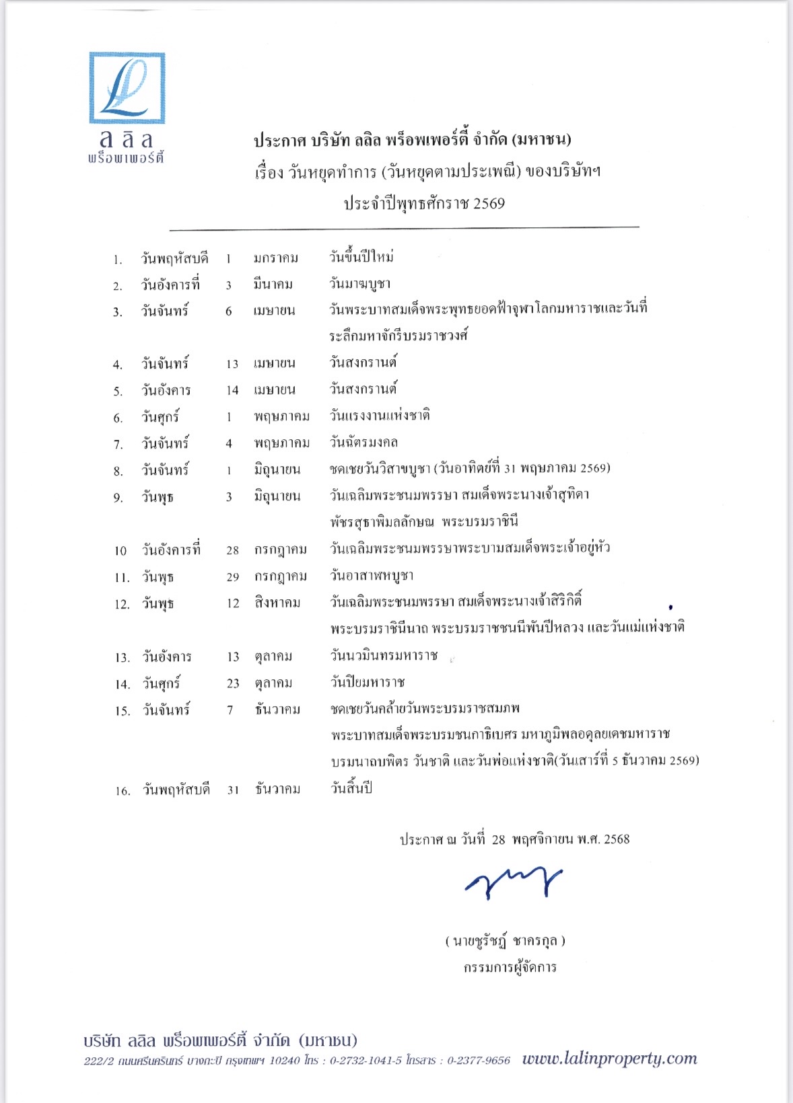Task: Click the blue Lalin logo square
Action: pyautogui.click(x=127, y=88)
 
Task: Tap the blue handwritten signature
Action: pyautogui.click(x=514, y=881)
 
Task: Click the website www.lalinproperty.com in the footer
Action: pyautogui.click(x=609, y=1059)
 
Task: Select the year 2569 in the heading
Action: pyautogui.click(x=489, y=203)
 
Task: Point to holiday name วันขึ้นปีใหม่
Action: pyautogui.click(x=361, y=257)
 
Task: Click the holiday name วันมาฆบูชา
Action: pyautogui.click(x=360, y=284)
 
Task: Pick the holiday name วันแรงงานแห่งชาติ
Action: pyautogui.click(x=380, y=416)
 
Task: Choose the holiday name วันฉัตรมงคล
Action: pyautogui.click(x=364, y=443)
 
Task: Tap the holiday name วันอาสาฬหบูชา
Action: pyautogui.click(x=372, y=576)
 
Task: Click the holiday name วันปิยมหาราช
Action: pyautogui.click(x=368, y=683)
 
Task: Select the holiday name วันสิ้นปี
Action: pyautogui.click(x=351, y=789)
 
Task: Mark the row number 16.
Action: pyautogui.click(x=123, y=791)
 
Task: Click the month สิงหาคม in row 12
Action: pyautogui.click(x=277, y=603)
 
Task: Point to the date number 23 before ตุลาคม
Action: pyautogui.click(x=233, y=683)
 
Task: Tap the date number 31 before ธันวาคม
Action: pyautogui.click(x=233, y=790)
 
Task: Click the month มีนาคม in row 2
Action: pyautogui.click(x=273, y=284)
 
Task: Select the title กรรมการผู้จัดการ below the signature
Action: pyautogui.click(x=510, y=967)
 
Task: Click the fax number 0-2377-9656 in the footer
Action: pyautogui.click(x=479, y=1061)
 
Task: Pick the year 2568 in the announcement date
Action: pyautogui.click(x=617, y=839)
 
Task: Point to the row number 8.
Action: pyautogui.click(x=118, y=471)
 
